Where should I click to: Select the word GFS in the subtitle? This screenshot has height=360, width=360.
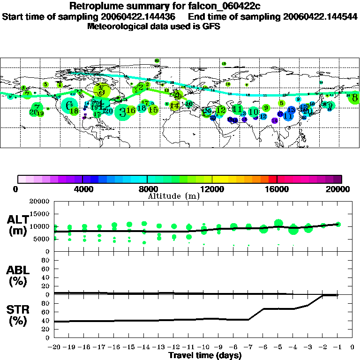point(211,26)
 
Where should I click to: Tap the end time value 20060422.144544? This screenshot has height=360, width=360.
point(320,16)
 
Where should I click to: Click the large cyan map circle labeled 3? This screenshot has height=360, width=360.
point(122,112)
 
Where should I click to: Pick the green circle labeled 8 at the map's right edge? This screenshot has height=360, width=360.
point(355,98)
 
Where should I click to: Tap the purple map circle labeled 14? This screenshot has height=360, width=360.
point(275,120)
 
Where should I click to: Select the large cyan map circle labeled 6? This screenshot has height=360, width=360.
point(70,105)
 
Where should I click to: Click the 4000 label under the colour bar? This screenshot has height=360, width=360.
point(82,189)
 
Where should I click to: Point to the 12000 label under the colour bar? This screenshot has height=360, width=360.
point(212,189)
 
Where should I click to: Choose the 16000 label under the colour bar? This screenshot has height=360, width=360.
point(277,189)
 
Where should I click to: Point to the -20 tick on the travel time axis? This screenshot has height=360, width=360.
point(54,347)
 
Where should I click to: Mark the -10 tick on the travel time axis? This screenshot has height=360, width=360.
point(204,347)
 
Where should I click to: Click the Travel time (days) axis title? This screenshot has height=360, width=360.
point(204,355)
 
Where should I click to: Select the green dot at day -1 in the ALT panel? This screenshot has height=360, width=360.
point(338,224)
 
